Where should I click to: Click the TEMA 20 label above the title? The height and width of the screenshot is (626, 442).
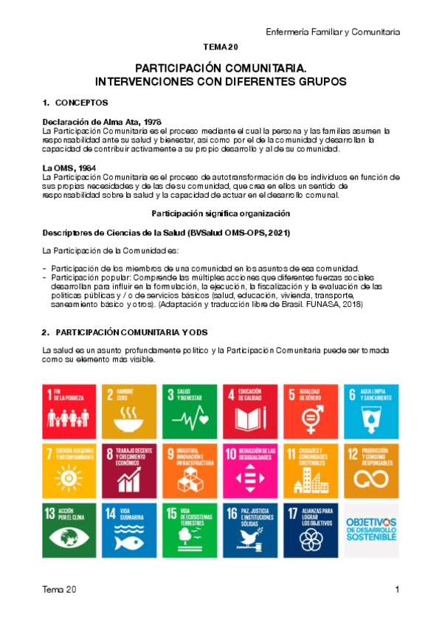[x=221, y=47]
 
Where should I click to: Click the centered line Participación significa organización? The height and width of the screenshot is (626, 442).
[x=221, y=213]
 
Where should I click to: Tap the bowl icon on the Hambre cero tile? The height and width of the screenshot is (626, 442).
[x=130, y=422]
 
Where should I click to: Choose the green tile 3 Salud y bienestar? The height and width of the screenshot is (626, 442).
[x=190, y=410]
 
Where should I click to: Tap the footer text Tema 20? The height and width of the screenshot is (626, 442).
[x=58, y=590]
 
